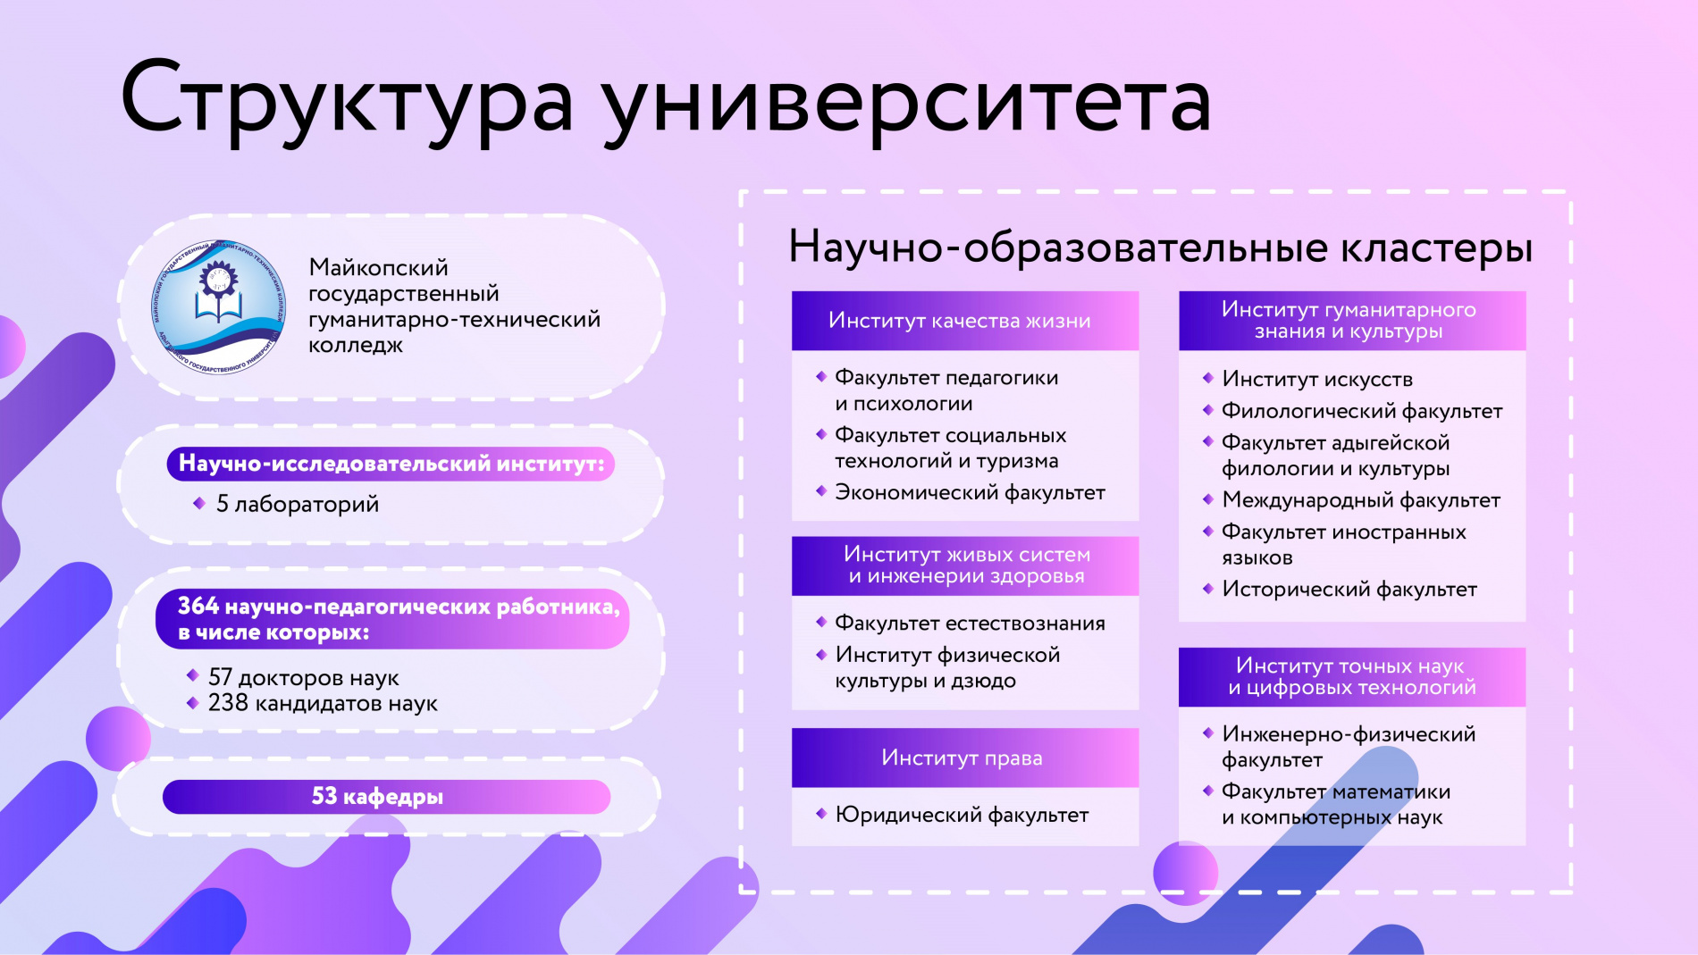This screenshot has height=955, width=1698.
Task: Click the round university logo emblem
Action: point(219,306)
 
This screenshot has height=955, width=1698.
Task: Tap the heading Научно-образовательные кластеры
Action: point(1160,247)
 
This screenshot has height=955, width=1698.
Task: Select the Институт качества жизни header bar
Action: point(964,321)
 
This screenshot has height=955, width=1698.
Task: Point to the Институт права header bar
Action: point(964,758)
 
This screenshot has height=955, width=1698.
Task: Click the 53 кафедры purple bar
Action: point(386,796)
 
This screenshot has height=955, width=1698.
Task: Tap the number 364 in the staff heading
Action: point(198,607)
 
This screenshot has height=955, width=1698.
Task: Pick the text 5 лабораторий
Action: point(297,504)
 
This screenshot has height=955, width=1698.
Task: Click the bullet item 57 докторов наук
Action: point(303,677)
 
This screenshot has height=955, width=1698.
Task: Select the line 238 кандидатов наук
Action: point(322,703)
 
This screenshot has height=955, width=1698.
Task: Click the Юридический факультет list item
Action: point(962,815)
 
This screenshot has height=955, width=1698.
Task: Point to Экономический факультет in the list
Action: point(970,492)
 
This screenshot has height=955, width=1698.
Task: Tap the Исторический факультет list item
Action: point(1349,590)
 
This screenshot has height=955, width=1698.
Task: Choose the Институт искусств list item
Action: point(1316,379)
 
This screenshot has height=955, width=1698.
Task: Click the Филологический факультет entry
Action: point(1361,411)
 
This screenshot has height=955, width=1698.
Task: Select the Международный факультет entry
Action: point(1360,500)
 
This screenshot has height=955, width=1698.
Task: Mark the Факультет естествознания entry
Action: point(970,624)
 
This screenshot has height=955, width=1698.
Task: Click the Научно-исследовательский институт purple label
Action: point(391,464)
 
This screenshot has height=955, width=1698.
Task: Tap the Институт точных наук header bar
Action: point(1351,676)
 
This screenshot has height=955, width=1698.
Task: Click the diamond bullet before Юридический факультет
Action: point(820,814)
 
